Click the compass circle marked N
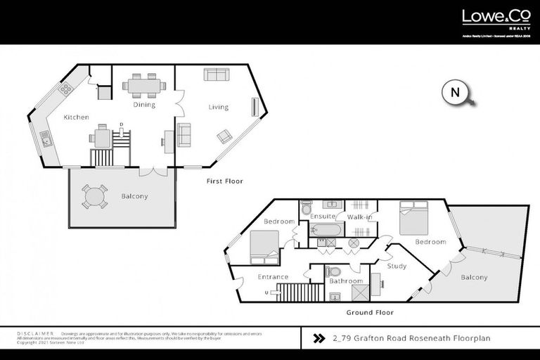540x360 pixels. tap(454, 92)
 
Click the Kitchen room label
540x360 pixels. tap(76, 117)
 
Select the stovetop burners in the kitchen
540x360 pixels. tap(65, 89)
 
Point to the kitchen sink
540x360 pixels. tap(46, 139)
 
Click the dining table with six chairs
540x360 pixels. tap(143, 86)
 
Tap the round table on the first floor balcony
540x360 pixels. tap(95, 196)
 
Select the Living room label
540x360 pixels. tap(218, 108)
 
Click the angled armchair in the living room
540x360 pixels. tap(225, 136)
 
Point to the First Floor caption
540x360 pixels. tap(224, 181)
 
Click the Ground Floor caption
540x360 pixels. tap(370, 312)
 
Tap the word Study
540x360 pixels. tap(397, 266)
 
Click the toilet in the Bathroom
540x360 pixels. tap(335, 271)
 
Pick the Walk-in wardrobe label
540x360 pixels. tap(359, 217)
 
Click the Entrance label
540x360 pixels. tap(273, 276)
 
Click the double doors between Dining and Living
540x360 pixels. tap(177, 106)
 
